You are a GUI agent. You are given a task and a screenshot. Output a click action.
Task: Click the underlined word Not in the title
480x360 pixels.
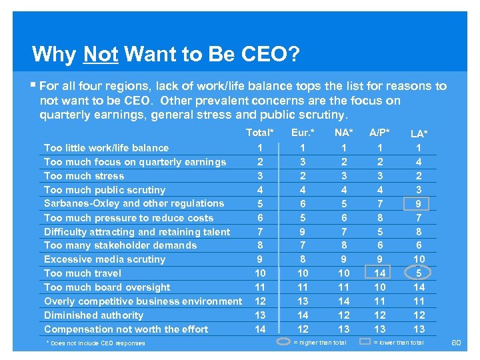pyautogui.click(x=101, y=53)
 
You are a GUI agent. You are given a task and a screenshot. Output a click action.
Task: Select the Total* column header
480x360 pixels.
pyautogui.click(x=260, y=133)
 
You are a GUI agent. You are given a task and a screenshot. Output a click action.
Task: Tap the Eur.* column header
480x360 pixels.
pyautogui.click(x=303, y=133)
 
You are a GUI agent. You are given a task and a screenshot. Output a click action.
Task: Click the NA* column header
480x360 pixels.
pyautogui.click(x=344, y=133)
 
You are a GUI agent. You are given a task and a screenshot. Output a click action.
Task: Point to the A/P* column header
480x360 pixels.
pyautogui.click(x=380, y=133)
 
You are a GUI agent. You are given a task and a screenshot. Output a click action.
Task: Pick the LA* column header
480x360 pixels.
pyautogui.click(x=419, y=134)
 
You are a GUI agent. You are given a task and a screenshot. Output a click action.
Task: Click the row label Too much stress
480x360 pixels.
pyautogui.click(x=84, y=176)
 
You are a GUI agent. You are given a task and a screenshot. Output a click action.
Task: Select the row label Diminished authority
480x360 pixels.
pyautogui.click(x=93, y=315)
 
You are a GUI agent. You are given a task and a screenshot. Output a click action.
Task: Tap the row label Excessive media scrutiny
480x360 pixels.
pyautogui.click(x=105, y=259)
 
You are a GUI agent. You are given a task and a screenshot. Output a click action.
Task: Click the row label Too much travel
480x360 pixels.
pyautogui.click(x=83, y=273)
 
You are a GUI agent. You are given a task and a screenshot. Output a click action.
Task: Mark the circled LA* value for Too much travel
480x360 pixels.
pyautogui.click(x=419, y=273)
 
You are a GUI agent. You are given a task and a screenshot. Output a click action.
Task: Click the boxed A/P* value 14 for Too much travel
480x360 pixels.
pyautogui.click(x=380, y=273)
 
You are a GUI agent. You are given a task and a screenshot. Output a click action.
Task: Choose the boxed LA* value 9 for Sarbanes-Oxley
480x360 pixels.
pyautogui.click(x=419, y=203)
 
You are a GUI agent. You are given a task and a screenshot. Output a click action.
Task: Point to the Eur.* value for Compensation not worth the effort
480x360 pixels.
pyautogui.click(x=303, y=329)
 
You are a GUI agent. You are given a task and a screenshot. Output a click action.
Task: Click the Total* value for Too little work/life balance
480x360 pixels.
pyautogui.click(x=260, y=148)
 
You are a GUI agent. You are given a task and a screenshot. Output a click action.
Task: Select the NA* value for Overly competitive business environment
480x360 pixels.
pyautogui.click(x=344, y=301)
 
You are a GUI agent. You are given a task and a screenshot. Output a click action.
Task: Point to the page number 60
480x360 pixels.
pyautogui.click(x=456, y=343)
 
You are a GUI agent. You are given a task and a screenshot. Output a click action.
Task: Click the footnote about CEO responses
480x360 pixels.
pyautogui.click(x=95, y=343)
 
